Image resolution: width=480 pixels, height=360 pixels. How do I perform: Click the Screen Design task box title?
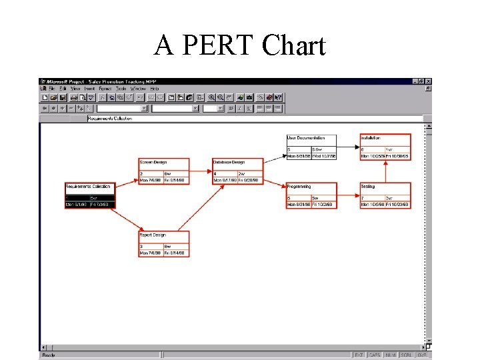coord(153,162)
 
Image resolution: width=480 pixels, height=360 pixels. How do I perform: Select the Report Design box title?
coord(153,235)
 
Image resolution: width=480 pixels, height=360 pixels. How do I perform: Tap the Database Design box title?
coord(229,162)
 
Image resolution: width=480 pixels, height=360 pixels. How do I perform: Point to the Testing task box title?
coord(368,186)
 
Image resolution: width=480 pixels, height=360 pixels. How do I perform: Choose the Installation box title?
coord(371,138)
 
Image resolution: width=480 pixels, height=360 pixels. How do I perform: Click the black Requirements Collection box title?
coord(88,186)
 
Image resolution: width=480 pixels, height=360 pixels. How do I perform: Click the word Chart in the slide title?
coord(293,45)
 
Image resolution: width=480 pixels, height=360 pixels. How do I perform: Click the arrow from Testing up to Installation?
coord(386,172)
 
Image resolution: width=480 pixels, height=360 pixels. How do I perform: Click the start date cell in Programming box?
coord(298,205)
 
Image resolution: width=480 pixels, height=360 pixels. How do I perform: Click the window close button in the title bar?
coord(428,81)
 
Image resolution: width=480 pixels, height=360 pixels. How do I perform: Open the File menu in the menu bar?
coord(52,88)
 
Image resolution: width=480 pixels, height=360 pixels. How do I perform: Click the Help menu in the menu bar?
coord(155,88)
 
